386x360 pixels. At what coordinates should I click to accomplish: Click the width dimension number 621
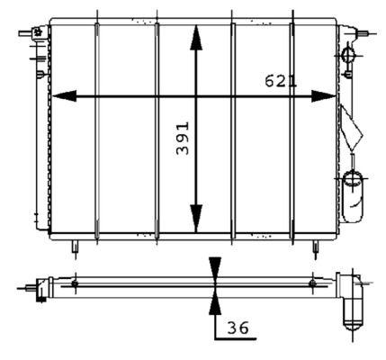coord(280,81)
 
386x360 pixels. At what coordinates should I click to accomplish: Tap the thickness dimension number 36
coord(238,330)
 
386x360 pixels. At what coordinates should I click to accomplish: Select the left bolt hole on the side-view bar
coord(76,284)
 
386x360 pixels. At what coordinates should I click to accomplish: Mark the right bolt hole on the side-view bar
coord(311,284)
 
